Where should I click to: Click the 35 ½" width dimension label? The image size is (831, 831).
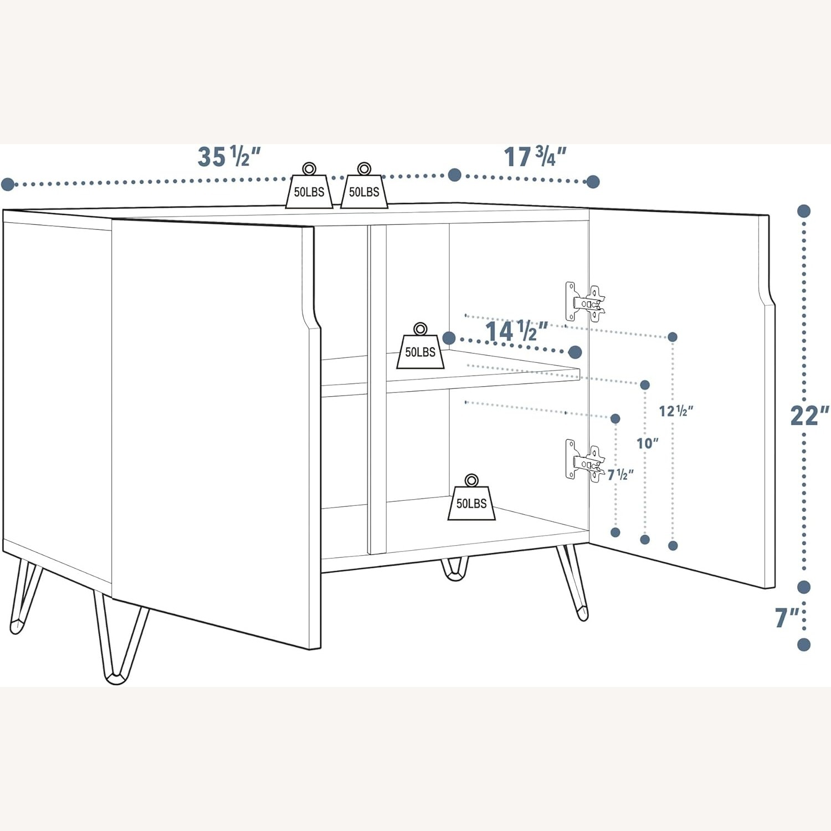click(228, 157)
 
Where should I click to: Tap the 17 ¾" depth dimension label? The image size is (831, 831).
click(534, 157)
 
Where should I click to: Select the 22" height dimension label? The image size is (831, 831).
click(809, 416)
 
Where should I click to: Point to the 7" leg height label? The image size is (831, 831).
click(787, 617)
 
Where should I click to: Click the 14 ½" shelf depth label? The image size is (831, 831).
click(516, 331)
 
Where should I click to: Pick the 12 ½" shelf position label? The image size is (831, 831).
click(675, 411)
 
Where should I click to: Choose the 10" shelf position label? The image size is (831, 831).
click(647, 443)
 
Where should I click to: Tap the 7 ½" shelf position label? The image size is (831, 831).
click(620, 475)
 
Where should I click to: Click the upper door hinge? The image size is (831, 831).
click(585, 302)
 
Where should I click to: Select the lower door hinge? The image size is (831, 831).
click(585, 461)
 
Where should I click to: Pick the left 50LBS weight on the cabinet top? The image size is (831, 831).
click(309, 188)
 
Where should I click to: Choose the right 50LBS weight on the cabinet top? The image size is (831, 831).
click(364, 188)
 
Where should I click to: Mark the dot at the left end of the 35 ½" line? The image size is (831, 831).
click(8, 184)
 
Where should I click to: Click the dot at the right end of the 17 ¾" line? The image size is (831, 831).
click(593, 182)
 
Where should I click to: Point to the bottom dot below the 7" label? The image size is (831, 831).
click(804, 644)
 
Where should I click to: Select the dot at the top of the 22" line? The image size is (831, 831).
click(804, 211)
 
